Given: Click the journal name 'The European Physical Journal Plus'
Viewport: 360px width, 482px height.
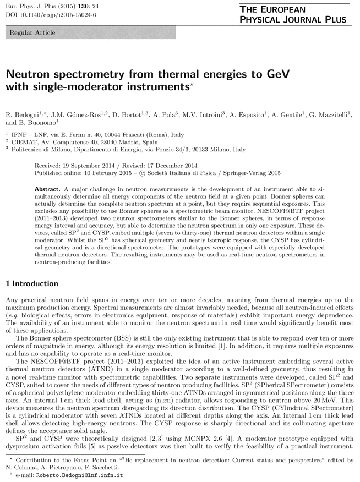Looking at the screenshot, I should (x=293, y=15).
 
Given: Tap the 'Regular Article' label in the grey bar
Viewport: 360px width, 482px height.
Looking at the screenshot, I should (x=32, y=33).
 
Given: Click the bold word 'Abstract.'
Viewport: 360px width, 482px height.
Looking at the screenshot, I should (x=49, y=188).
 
